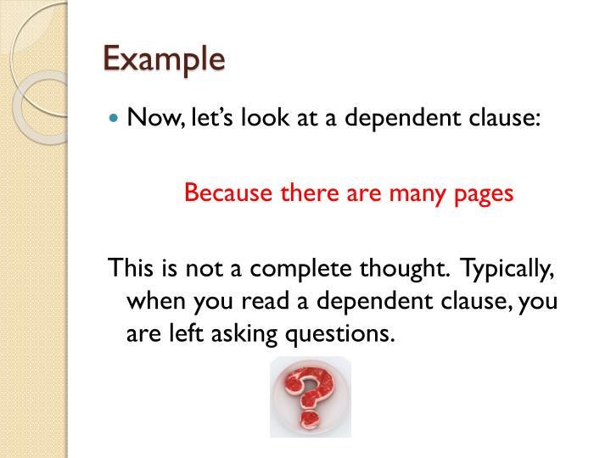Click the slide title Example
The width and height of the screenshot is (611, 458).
point(164,59)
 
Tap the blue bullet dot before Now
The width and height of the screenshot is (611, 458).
point(114,117)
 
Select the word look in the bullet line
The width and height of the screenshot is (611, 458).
point(265,116)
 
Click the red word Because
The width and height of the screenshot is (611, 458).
point(228,193)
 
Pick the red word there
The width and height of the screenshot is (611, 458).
point(310,193)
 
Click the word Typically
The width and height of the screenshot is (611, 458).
point(507,270)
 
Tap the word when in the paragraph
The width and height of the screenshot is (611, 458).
point(156,300)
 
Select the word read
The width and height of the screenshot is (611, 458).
point(265,300)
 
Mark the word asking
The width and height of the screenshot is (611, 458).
point(244,335)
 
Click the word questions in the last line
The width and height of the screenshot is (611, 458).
point(339,335)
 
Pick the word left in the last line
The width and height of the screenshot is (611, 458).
point(186,333)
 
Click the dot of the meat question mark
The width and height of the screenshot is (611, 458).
point(310,420)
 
